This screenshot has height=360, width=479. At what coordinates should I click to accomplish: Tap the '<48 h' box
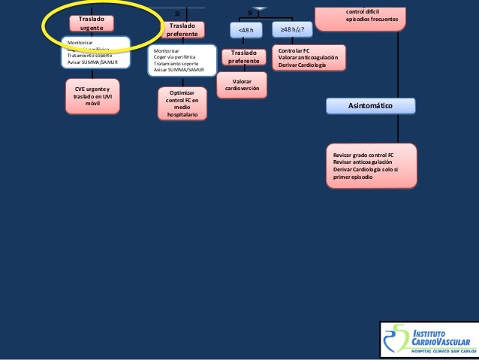[246, 30]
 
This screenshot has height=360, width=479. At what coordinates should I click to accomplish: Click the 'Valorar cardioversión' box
[242, 85]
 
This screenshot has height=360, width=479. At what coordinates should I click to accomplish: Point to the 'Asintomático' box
[370, 107]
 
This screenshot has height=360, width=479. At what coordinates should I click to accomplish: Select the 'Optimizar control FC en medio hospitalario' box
[182, 104]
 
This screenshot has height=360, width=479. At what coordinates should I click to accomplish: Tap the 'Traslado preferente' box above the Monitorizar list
[182, 29]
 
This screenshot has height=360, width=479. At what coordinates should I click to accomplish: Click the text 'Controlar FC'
[294, 50]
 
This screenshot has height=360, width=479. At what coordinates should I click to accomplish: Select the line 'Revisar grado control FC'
[363, 155]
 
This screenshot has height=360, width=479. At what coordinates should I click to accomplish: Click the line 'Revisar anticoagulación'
[361, 162]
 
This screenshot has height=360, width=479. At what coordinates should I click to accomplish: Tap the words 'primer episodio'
[353, 177]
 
